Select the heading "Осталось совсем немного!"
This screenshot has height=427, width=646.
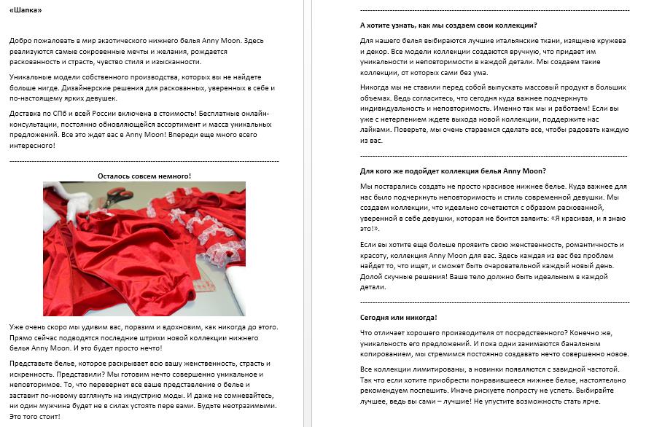coord(144,176)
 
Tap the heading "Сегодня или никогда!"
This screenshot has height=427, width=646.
coord(399,317)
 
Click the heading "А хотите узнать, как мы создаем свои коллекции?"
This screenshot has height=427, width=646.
coord(448,26)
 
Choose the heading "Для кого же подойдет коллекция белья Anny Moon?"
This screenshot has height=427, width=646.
coord(453,171)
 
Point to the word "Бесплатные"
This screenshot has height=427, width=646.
coord(225,114)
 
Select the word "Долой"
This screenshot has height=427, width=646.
coord(373,277)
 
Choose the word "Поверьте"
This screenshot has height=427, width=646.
coord(418,129)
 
